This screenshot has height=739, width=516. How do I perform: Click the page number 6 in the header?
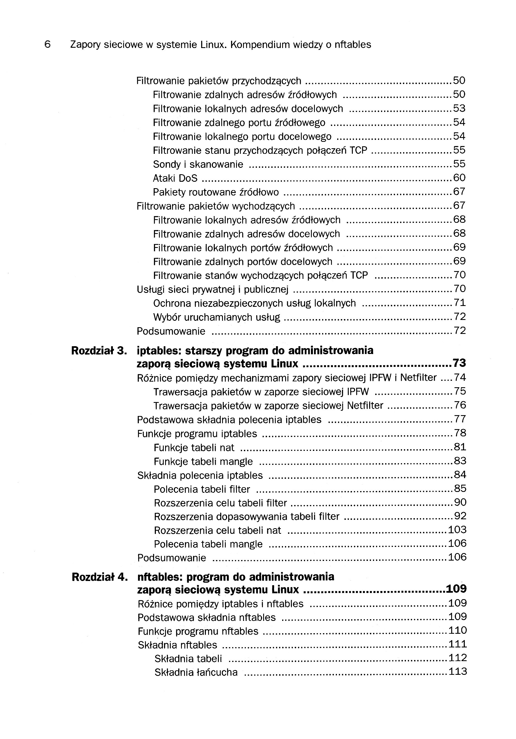47,44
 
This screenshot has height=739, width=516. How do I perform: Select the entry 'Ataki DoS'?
175,178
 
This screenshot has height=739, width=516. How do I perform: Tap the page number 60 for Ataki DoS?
459,178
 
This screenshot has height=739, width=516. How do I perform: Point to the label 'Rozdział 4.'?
99,577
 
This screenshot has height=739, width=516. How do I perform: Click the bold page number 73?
459,363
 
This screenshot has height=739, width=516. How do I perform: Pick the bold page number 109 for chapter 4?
456,589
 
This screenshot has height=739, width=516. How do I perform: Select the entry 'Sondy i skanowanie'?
198,164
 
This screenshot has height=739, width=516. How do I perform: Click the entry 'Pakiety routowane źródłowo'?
216,192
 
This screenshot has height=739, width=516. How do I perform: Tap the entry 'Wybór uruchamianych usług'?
217,317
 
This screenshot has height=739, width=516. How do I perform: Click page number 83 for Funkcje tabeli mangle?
460,461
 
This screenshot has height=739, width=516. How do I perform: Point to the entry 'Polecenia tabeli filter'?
202,489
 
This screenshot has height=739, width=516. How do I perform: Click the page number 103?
457,530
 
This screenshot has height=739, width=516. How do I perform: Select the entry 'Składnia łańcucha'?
196,672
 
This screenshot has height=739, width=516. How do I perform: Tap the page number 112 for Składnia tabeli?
458,657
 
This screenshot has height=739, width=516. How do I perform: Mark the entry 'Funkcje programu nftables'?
198,631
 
